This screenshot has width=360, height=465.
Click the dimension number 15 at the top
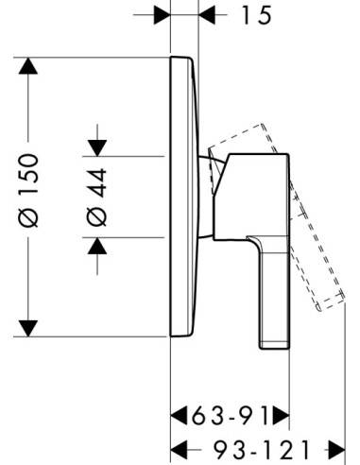[256, 15]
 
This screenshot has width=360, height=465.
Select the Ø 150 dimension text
[28, 190]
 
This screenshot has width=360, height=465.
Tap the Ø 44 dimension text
[97, 198]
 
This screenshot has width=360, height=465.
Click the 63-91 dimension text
[230, 416]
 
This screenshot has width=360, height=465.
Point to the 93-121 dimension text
[261, 450]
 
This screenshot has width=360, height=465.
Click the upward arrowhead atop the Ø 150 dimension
[28, 66]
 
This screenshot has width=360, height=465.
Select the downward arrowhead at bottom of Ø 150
[28, 328]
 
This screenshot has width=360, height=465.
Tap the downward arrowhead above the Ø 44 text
[97, 148]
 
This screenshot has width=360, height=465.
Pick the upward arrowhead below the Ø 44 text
[97, 246]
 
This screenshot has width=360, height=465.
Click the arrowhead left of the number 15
[162, 15]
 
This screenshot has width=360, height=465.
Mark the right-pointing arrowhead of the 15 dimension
[207, 15]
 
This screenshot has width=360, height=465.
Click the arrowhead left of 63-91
[179, 416]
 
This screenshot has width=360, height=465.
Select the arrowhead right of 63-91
[281, 416]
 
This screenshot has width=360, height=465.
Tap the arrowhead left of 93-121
[179, 450]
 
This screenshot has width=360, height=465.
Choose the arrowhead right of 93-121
[336, 450]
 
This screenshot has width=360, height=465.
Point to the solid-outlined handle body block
[251, 197]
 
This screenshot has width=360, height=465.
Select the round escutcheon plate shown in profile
[185, 197]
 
